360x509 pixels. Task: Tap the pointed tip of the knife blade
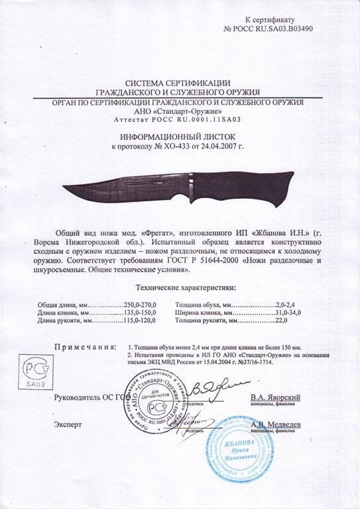pos(61,186)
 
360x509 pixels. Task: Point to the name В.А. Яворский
pos(276,397)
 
